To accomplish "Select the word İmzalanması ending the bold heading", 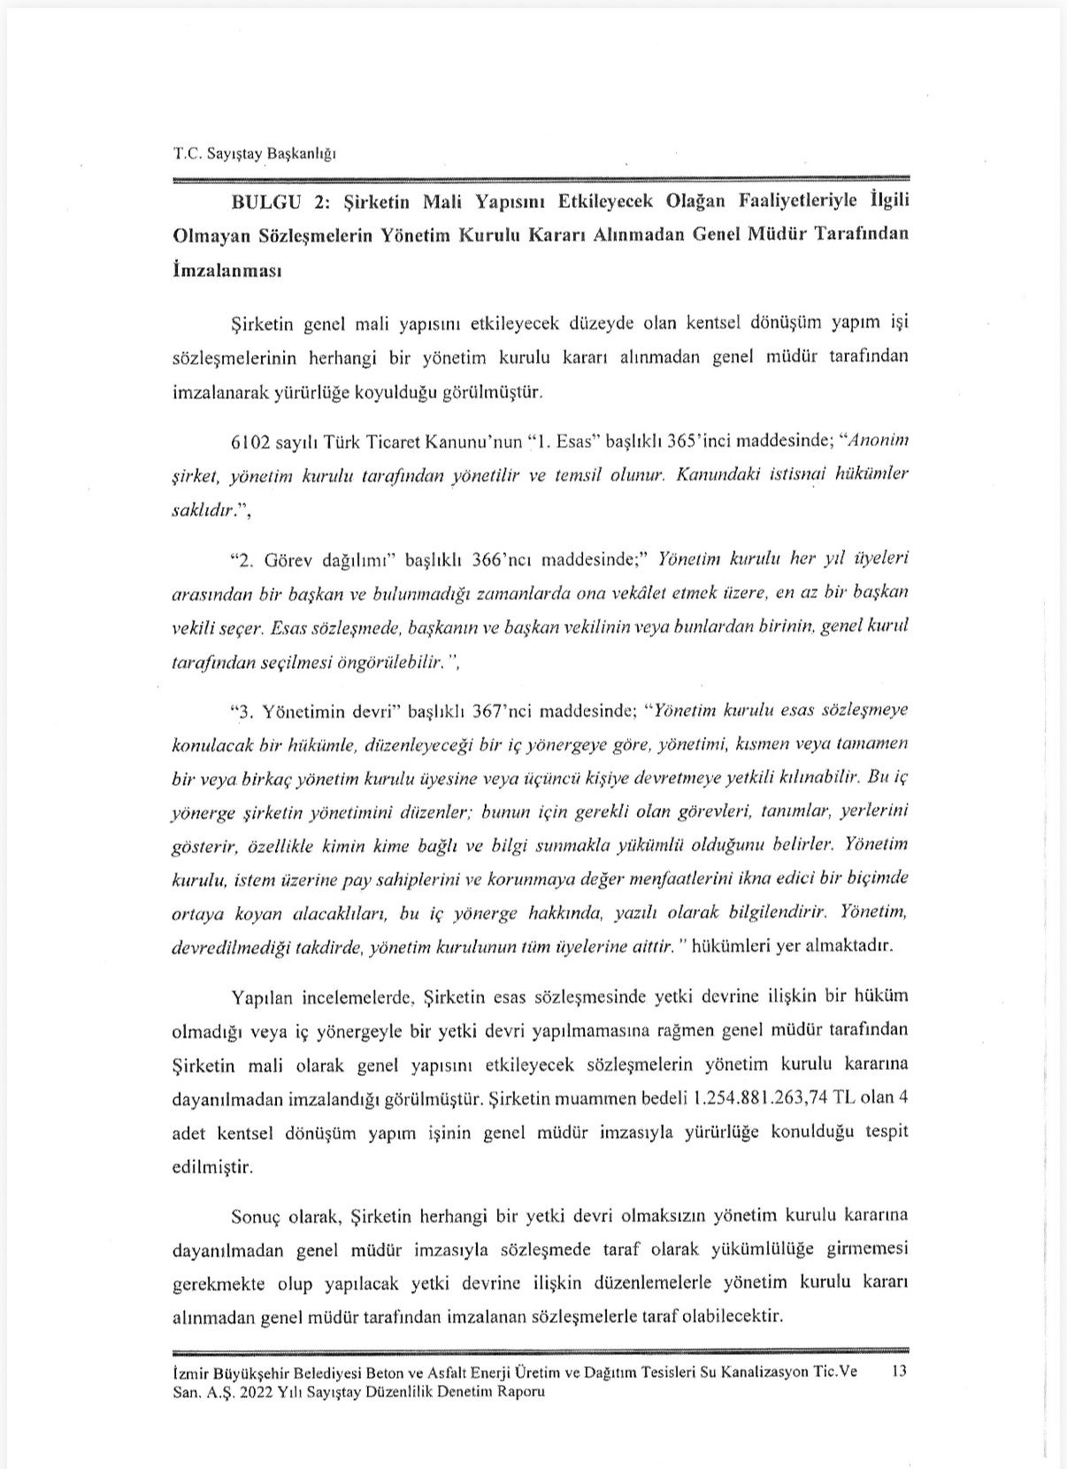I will (226, 270).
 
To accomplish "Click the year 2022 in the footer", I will (262, 1391).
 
